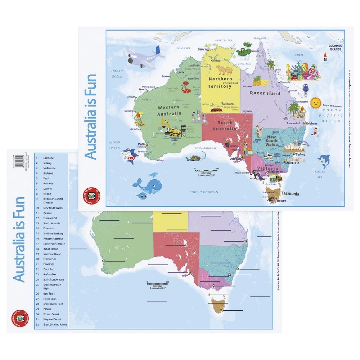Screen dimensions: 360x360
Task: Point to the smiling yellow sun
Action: click(x=315, y=103)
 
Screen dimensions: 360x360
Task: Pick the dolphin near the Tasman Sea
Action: click(x=325, y=160)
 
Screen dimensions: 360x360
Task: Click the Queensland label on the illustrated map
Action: click(x=265, y=93)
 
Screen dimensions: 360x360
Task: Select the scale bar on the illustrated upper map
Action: click(x=206, y=169)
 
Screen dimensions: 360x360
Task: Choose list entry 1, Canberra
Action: click(x=49, y=158)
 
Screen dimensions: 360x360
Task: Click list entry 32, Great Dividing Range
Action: click(x=55, y=324)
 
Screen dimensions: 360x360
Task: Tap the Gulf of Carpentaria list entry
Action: click(x=54, y=279)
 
